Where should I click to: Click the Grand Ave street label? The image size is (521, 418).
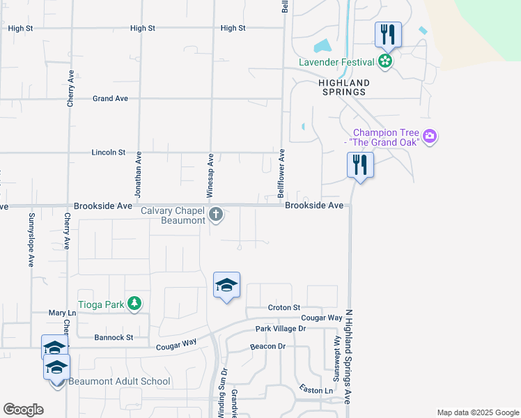click(x=110, y=99)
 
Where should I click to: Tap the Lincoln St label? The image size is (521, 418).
click(x=109, y=152)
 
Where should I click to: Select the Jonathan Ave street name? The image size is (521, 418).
click(x=139, y=173)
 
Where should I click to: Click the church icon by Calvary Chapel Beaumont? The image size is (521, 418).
click(x=216, y=214)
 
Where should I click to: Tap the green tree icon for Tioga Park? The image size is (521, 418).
click(x=134, y=303)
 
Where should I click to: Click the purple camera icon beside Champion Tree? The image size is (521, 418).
click(x=430, y=136)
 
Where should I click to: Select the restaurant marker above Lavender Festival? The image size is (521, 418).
click(x=387, y=35)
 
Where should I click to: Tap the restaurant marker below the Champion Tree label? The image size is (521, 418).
click(x=360, y=165)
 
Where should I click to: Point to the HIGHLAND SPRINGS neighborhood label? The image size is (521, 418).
click(x=343, y=87)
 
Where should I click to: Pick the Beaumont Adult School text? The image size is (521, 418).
click(x=119, y=381)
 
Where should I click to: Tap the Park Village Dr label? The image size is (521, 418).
click(x=280, y=328)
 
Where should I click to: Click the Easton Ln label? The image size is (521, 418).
click(x=316, y=389)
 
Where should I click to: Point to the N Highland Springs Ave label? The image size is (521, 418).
click(x=350, y=355)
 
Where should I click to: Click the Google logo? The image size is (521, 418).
click(x=23, y=410)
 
